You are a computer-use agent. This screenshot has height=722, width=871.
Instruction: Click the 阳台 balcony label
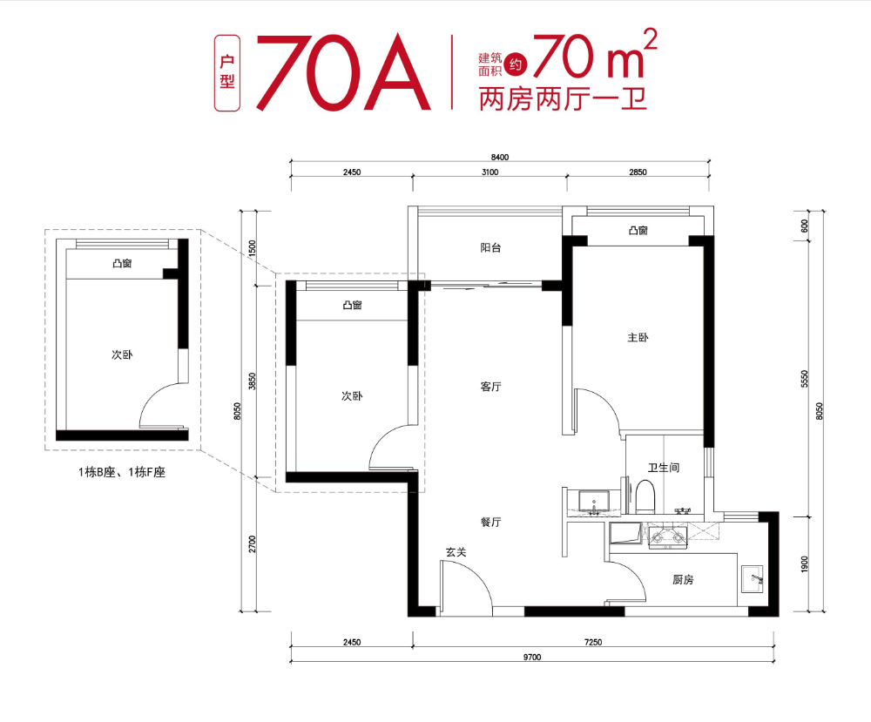[x=490, y=248]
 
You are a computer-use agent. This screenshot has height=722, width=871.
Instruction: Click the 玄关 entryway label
[x=456, y=551]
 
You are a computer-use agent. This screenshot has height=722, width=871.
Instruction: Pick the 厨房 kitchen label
[x=682, y=580]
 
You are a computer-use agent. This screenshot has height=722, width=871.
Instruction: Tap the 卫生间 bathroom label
[x=663, y=468]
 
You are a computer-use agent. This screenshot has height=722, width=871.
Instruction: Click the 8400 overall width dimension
[x=499, y=157]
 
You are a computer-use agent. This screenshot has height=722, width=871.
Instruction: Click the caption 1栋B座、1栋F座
[x=121, y=473]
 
